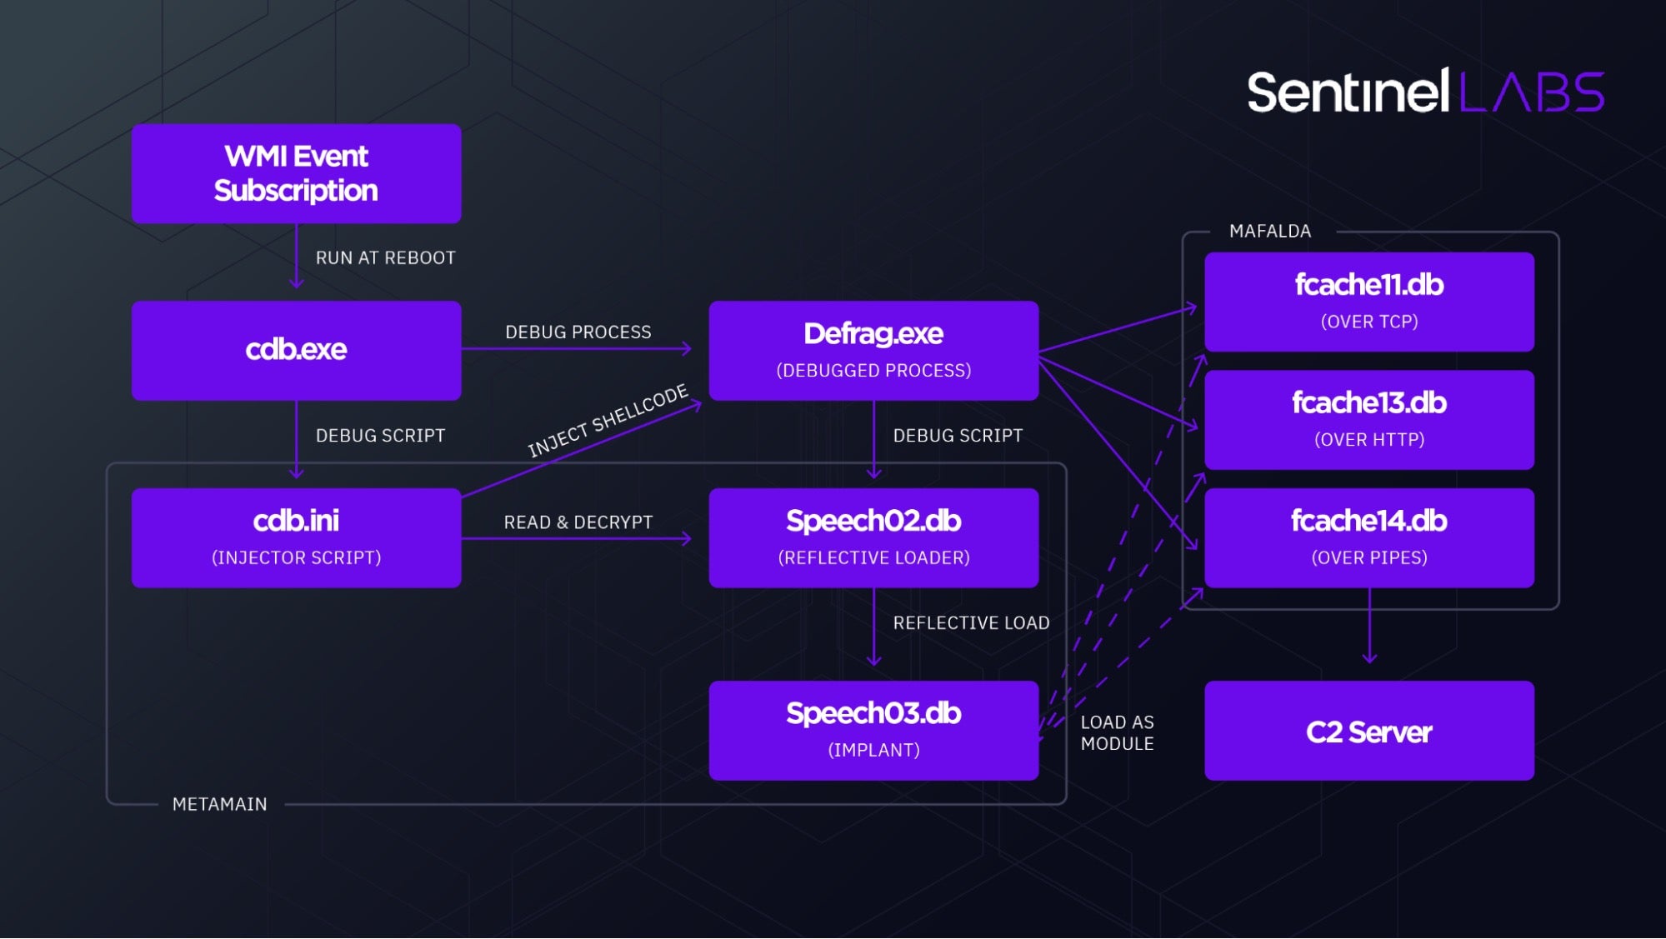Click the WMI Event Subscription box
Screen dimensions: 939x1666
point(296,173)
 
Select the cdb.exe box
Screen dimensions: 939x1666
point(296,350)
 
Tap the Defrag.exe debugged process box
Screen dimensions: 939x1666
point(873,350)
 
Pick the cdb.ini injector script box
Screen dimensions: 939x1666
point(296,537)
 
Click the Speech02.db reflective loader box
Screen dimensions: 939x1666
point(873,537)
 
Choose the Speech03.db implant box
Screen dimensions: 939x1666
point(873,730)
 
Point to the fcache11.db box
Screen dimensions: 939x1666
point(1368,301)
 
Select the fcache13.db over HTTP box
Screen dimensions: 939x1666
point(1368,419)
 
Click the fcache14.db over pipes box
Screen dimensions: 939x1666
point(1368,537)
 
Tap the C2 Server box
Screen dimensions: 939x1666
point(1368,731)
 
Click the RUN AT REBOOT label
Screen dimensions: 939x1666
point(385,258)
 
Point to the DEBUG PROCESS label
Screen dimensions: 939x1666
point(578,332)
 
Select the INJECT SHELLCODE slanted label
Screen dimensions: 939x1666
point(608,421)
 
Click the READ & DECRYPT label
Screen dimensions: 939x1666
point(578,522)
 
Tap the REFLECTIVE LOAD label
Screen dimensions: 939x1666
point(971,623)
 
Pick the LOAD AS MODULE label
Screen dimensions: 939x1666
point(1117,733)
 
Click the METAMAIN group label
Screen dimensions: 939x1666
point(219,804)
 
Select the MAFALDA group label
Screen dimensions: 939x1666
point(1269,232)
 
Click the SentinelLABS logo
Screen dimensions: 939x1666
point(1424,92)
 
